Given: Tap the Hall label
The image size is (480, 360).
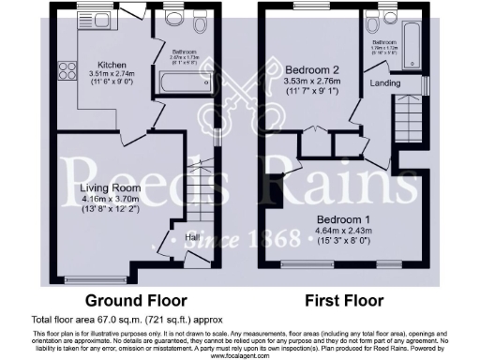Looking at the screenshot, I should click(x=190, y=237).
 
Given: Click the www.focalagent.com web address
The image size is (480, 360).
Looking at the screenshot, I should click(x=239, y=355).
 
